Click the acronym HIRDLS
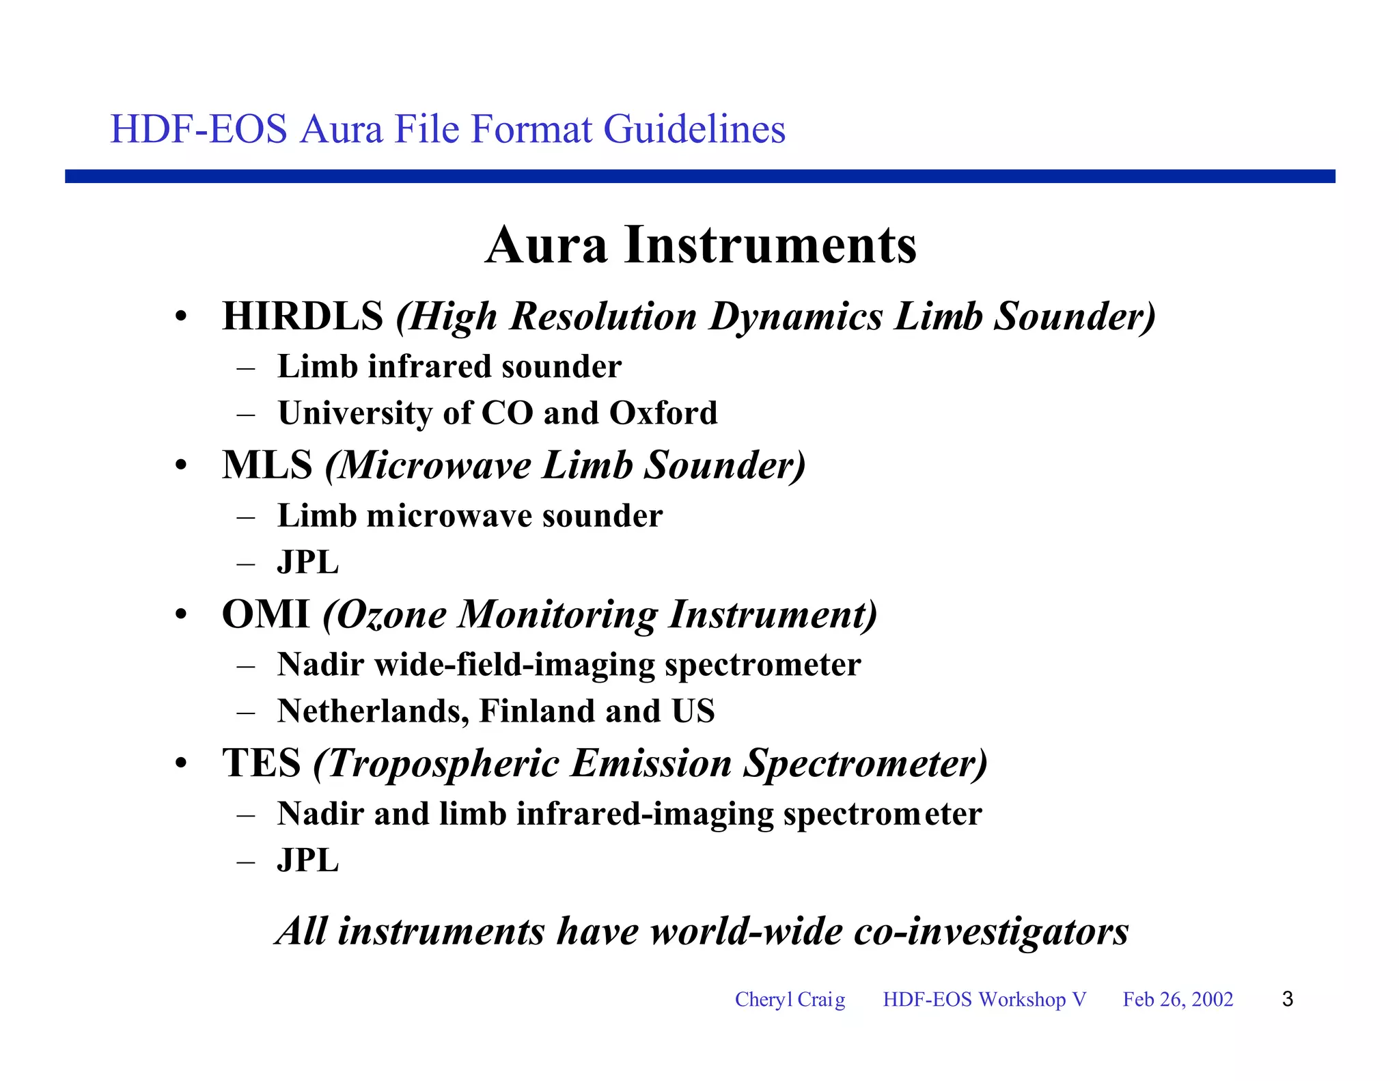(x=303, y=316)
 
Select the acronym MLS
(x=267, y=465)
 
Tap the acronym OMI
(x=266, y=614)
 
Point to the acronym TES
(x=261, y=763)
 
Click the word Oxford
(x=663, y=413)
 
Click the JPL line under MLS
(x=307, y=562)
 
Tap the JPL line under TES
(x=307, y=860)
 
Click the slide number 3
(x=1288, y=999)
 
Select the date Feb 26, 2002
(x=1178, y=999)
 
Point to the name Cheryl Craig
(x=790, y=999)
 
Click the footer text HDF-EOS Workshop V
(x=984, y=999)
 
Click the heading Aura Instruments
(x=701, y=245)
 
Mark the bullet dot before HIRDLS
(x=180, y=318)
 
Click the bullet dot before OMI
(x=180, y=615)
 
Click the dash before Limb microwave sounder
(x=246, y=517)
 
